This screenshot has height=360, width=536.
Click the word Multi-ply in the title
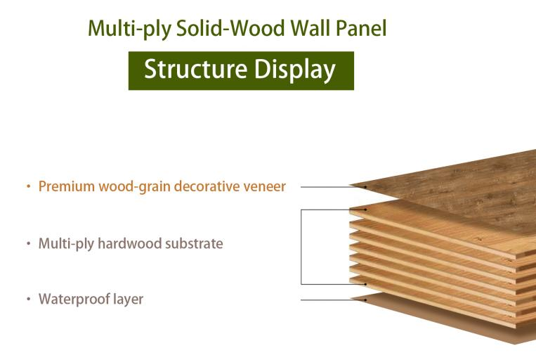[x=129, y=29]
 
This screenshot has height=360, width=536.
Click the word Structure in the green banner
[x=195, y=69]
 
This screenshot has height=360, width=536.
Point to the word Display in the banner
[x=294, y=70]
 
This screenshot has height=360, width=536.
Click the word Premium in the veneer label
[x=66, y=186]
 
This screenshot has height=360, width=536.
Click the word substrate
[x=194, y=244]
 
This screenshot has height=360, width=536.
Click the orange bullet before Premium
[x=29, y=187]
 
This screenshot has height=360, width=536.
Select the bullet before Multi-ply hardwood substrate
[x=29, y=244]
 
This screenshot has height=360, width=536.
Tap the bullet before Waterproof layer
[x=29, y=300]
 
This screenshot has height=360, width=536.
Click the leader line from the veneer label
[x=333, y=187]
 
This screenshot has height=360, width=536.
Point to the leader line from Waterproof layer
[x=333, y=300]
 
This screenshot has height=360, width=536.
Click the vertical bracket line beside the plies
[x=301, y=247]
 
